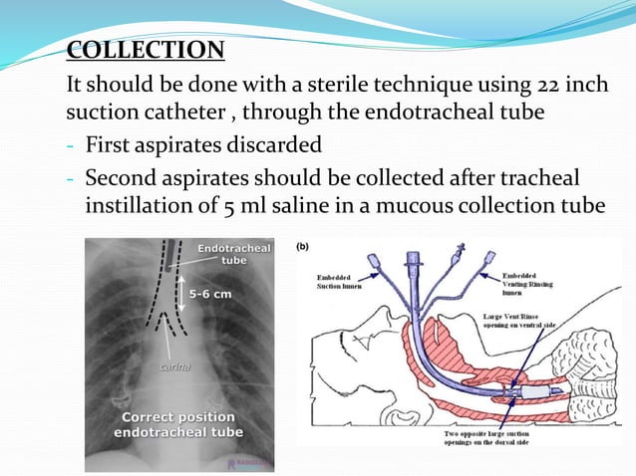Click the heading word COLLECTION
click(146, 51)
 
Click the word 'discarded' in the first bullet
click(272, 145)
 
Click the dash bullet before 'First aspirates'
click(71, 145)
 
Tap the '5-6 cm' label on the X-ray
click(210, 294)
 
